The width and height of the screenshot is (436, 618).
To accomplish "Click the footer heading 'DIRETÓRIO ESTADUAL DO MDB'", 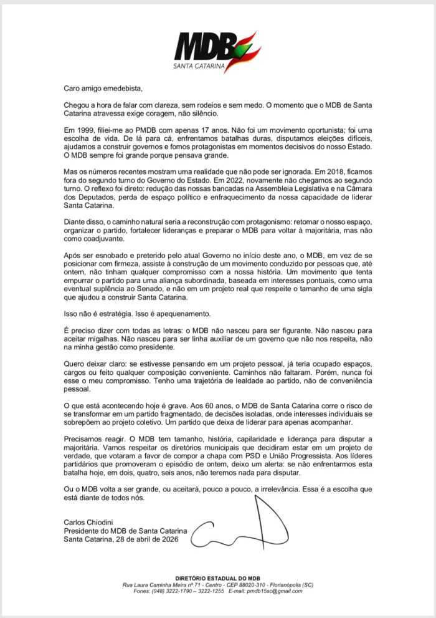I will [218, 579].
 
